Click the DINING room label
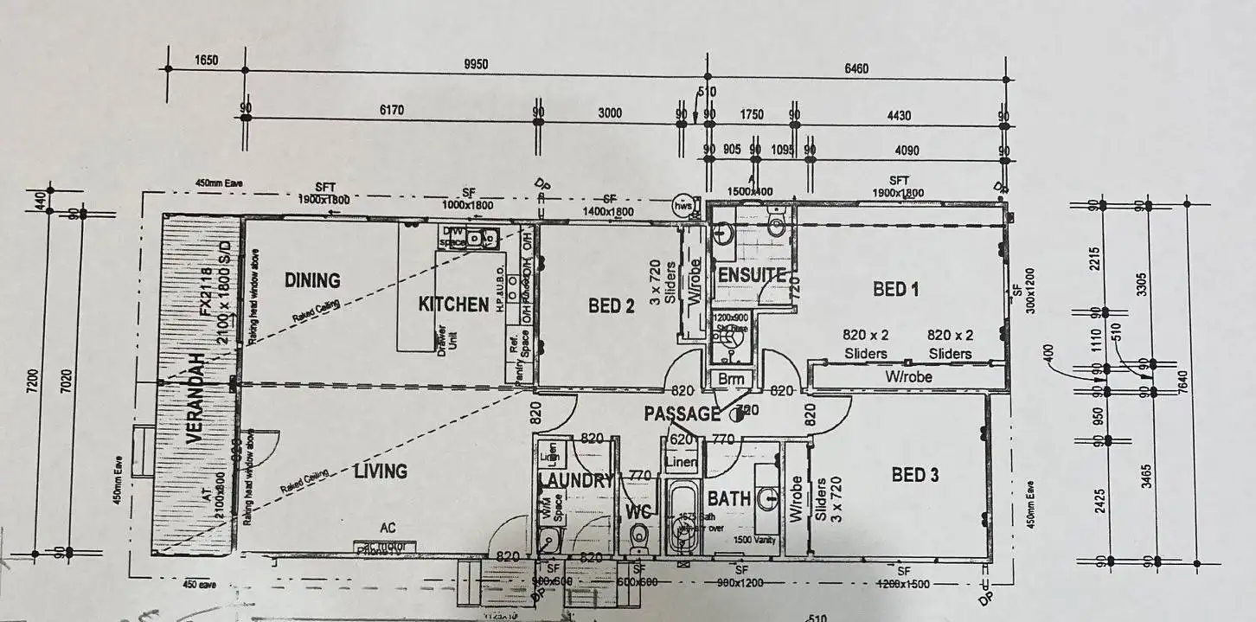coord(312,280)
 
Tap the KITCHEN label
coord(453,305)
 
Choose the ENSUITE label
coord(752,276)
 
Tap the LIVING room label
coord(380,471)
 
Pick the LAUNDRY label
coord(576,481)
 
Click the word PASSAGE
coord(682,414)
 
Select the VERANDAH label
coord(194,398)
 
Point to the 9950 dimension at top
coord(476,64)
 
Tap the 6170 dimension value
coord(391,110)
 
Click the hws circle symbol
coord(683,205)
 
